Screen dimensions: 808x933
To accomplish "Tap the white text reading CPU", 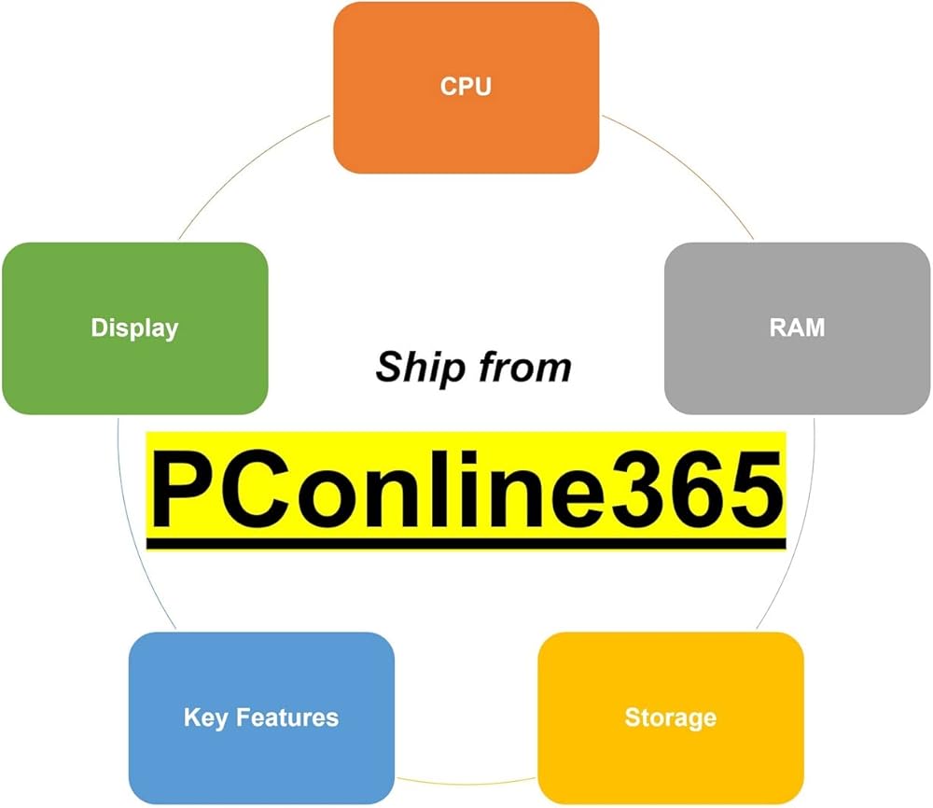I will tap(466, 87).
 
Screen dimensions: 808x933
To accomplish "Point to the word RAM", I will tap(797, 327).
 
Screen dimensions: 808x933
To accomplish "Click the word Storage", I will tap(670, 717).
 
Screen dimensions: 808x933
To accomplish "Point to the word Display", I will tap(134, 328).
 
